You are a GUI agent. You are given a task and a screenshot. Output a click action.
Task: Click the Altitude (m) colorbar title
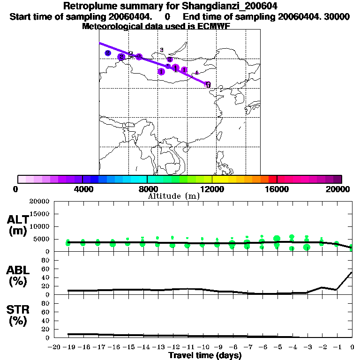pos(174,196)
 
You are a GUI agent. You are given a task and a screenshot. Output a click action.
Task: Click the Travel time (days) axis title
pos(205,356)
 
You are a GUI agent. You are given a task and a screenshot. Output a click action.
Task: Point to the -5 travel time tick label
pos(277,347)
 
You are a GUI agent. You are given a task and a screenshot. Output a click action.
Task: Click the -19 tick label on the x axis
pos(68,347)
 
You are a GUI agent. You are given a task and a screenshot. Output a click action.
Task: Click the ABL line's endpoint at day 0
pos(352,272)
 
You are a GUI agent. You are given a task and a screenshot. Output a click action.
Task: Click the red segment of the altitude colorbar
pos(272,179)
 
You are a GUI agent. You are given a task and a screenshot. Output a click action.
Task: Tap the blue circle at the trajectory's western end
pos(108,53)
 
